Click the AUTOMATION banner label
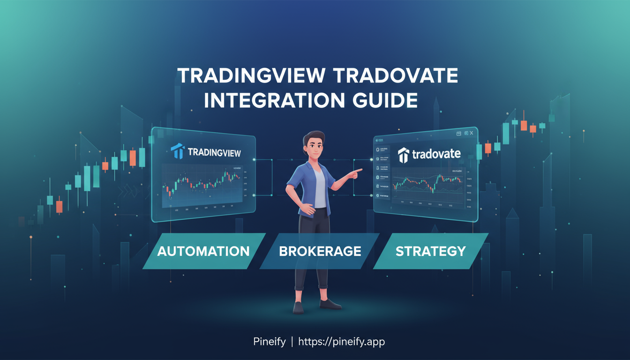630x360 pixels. [203, 251]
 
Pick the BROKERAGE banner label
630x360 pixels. [320, 251]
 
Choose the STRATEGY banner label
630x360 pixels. [430, 251]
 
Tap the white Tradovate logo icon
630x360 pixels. [404, 155]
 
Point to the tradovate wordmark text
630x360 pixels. [436, 154]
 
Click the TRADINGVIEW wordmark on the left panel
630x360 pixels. [214, 152]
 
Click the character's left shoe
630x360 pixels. [299, 307]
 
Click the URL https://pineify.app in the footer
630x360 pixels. [342, 342]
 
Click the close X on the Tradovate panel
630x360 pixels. [471, 133]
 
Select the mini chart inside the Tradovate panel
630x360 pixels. [427, 185]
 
